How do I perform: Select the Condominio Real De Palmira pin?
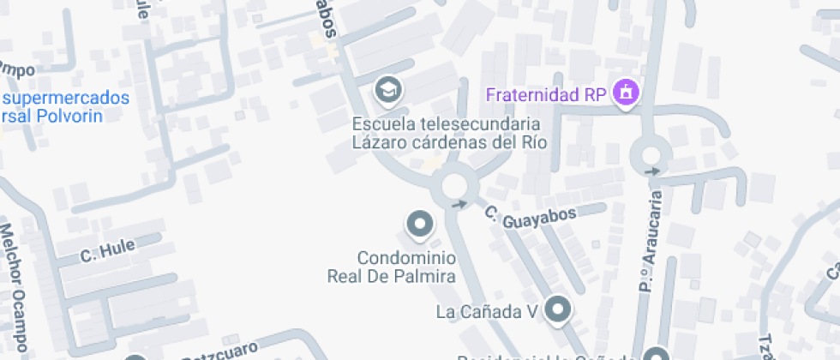click(x=419, y=225)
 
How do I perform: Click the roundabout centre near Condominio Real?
click(x=453, y=185)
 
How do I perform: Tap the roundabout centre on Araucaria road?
click(x=650, y=155)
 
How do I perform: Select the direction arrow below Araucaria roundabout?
click(x=653, y=171)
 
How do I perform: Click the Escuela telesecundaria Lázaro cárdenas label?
click(x=450, y=133)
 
